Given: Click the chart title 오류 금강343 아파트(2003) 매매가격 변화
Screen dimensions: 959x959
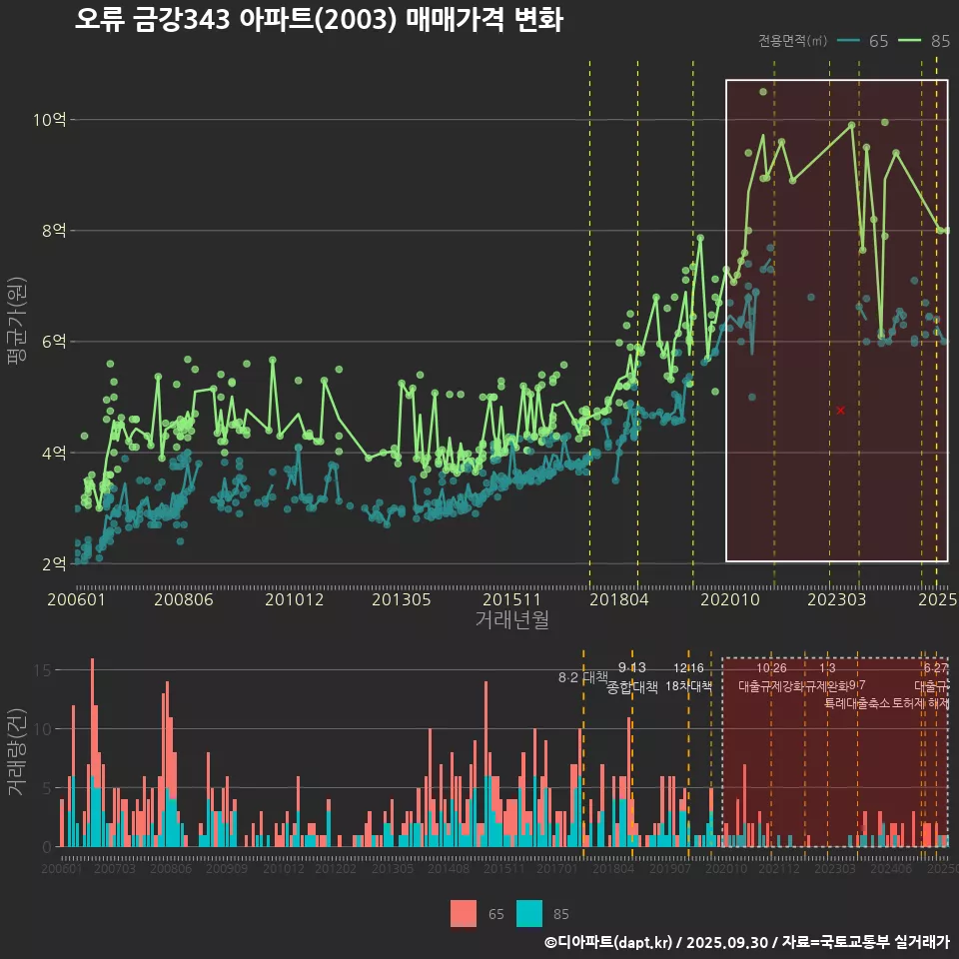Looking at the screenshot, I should point(319,20).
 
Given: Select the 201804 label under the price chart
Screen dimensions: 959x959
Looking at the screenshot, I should point(619,599).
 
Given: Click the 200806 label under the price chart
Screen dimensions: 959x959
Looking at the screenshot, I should point(180,599).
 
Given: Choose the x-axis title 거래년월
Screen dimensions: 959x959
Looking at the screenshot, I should point(511,620).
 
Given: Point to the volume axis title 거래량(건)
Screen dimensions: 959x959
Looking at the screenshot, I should point(16,752).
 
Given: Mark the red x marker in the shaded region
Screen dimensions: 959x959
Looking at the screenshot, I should point(841,411).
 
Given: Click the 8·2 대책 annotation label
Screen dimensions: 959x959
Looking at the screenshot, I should point(583,677).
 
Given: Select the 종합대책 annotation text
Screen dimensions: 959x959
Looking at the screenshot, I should point(632,687).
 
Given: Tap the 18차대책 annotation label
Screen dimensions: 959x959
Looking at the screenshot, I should point(688,686).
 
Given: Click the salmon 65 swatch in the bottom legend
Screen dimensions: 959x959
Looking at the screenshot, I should point(464,913).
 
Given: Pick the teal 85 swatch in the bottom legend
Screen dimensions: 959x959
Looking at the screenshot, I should point(529,913).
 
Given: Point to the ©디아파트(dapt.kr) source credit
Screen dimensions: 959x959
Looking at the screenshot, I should point(609,942).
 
